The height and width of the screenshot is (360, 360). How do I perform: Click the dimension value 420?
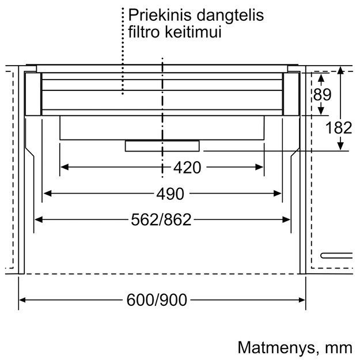pos(187,168)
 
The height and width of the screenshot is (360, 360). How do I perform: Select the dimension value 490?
pos(170,194)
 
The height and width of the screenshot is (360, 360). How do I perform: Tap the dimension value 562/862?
pos(161,219)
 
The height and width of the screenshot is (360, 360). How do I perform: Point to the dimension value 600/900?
pos(157,300)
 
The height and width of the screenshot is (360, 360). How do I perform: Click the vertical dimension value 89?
pos(323,94)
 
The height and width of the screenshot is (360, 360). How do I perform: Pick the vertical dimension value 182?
pos(339,128)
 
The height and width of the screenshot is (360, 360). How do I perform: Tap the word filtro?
pos(143,32)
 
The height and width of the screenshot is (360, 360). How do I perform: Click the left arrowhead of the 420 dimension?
pos(65,167)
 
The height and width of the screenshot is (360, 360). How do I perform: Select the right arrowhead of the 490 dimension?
pos(278,194)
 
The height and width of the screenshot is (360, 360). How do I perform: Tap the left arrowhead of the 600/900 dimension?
pos(23,300)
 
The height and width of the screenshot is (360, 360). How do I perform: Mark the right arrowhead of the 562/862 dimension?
pos(286,219)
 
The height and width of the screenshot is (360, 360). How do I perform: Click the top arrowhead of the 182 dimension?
pos(340,71)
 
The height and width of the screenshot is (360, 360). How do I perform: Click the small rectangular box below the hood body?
pos(162,146)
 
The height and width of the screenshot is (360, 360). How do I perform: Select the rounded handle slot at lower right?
pos(336,256)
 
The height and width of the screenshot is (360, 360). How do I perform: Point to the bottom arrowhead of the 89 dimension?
pos(321,111)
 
